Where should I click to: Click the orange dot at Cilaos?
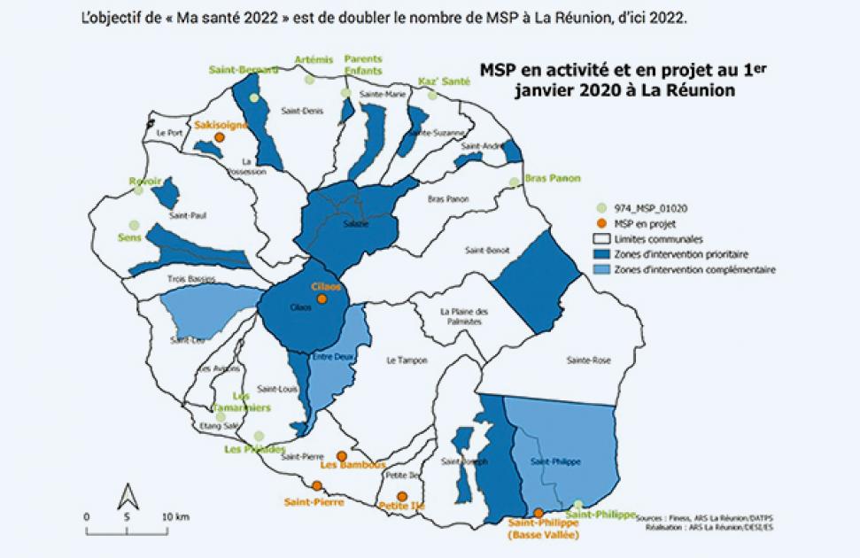coord(322,299)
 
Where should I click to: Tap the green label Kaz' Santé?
coord(444,81)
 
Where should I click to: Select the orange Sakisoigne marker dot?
coord(220,138)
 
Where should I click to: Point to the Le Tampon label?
coord(407,360)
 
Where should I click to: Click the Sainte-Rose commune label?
coord(589,360)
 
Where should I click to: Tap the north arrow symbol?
coord(128,498)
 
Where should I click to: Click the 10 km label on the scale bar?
coord(175,515)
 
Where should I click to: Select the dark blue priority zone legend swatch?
coord(600,254)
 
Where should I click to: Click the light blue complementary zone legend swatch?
coord(600,269)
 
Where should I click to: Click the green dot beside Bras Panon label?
coord(514,182)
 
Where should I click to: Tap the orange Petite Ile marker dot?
coord(402,496)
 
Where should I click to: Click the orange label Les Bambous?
coord(353,464)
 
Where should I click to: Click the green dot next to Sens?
coord(135,225)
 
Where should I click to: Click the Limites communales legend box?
coord(600,239)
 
